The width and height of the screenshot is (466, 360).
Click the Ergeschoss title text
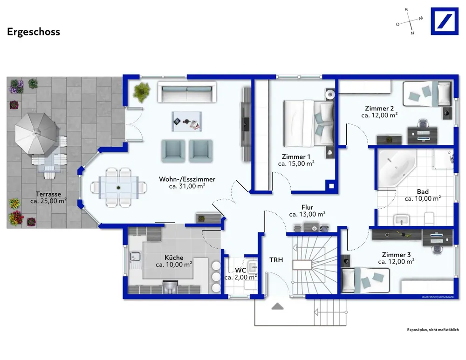click(34, 32)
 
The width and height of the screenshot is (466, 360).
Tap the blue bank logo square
click(445, 21)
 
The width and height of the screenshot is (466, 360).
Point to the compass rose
click(410, 21)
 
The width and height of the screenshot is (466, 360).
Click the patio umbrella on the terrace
click(35, 134)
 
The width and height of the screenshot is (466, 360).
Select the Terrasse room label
click(48, 194)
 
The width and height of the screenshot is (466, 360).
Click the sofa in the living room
click(187, 92)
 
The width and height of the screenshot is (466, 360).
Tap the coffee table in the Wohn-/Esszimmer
click(187, 121)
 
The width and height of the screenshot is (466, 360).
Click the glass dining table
click(118, 187)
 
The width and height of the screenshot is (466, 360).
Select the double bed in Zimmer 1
click(308, 123)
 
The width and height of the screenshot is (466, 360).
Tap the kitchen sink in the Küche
click(135, 256)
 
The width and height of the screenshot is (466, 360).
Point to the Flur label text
click(307, 207)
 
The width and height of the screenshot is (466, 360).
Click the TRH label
click(276, 260)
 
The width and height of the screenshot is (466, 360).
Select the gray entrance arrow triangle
click(277, 306)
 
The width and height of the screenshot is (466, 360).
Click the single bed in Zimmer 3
click(365, 280)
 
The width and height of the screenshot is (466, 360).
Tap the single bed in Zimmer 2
click(427, 94)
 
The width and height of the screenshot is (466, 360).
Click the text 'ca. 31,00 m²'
click(187, 186)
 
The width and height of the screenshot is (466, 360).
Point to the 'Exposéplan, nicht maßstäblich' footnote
click(433, 330)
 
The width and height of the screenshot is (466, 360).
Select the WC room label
click(240, 270)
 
